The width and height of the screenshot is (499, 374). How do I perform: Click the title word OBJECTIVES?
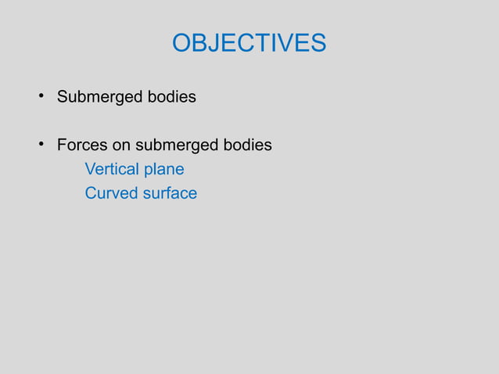pos(249,43)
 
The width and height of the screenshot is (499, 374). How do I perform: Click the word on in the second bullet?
pos(121,146)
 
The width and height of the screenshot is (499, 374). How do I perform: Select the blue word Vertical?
pos(110,169)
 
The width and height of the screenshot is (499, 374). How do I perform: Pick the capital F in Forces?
pos(62,146)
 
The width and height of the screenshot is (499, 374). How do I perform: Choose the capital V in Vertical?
pos(90,169)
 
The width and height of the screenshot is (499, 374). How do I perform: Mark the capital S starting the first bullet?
pos(63,98)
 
